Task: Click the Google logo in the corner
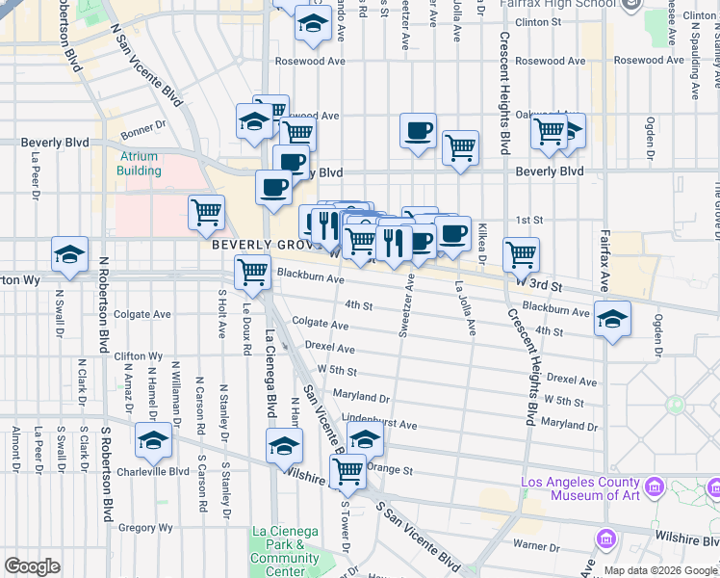(x=32, y=566)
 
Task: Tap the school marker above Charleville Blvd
(x=152, y=441)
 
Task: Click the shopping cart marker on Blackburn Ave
(x=252, y=272)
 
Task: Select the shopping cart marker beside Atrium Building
(x=206, y=212)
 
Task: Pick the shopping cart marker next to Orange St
(x=347, y=471)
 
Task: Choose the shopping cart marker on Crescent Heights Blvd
(x=521, y=254)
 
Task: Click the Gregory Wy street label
(x=145, y=527)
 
